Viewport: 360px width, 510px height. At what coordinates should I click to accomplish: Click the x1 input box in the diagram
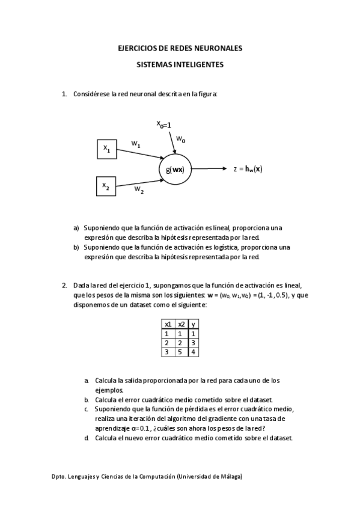tap(106, 149)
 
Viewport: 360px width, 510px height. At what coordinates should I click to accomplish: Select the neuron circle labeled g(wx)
tap(175, 169)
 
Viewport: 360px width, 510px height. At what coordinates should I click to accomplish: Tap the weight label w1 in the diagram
tap(136, 144)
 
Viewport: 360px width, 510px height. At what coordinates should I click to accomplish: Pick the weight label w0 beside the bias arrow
tap(181, 139)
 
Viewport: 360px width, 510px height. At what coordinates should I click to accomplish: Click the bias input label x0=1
tap(164, 124)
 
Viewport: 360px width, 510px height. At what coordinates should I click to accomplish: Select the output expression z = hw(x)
tap(248, 169)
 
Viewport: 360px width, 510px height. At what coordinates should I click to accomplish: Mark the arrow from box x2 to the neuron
tap(138, 179)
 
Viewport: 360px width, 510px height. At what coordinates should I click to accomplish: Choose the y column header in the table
tap(193, 324)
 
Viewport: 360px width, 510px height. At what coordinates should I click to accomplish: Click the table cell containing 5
tap(181, 351)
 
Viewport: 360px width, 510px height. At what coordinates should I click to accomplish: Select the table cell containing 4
tap(193, 351)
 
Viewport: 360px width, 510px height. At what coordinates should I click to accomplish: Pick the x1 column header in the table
tap(168, 324)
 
